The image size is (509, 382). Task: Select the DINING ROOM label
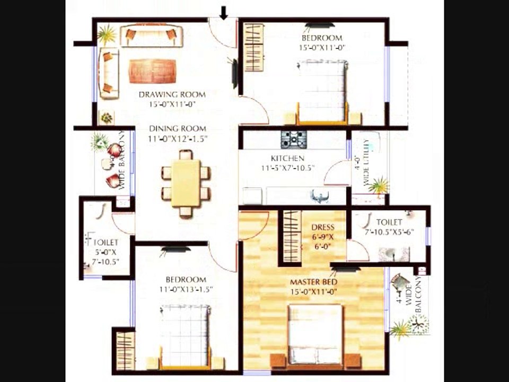177,129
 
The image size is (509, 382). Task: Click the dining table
186,183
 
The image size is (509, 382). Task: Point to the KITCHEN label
287,159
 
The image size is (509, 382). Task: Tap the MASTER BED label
314,282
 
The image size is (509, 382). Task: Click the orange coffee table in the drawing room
153,71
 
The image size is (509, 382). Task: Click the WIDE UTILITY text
365,162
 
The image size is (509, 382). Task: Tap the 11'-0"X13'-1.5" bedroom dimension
182,289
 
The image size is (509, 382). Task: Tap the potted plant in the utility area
378,185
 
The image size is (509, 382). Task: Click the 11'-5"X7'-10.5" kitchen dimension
288,168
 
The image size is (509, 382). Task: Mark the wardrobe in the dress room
292,236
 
